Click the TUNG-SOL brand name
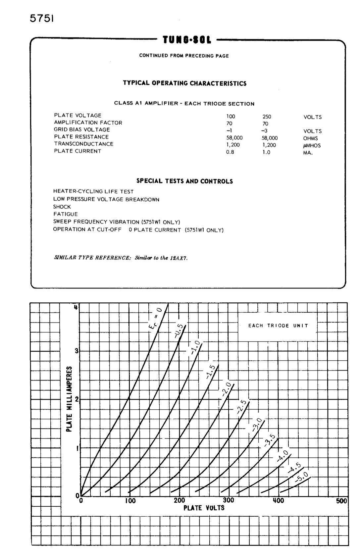[186, 40]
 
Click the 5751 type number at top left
[41, 19]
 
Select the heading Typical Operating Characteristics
[184, 83]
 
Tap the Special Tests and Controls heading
[184, 181]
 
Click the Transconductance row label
[83, 144]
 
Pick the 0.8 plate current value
[230, 152]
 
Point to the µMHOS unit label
[312, 145]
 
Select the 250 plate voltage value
[267, 117]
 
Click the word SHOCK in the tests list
[62, 207]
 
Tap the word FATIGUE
[66, 214]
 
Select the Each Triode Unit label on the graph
[278, 326]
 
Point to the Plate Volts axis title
[204, 508]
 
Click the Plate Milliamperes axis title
[69, 399]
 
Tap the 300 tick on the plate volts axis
[228, 500]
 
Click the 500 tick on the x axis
[341, 501]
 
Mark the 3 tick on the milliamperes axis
[77, 351]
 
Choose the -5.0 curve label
[302, 477]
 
